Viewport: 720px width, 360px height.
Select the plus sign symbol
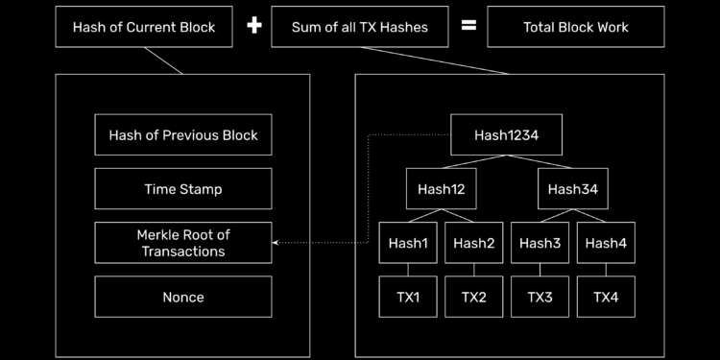tap(253, 26)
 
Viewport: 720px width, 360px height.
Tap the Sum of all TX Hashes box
tap(360, 27)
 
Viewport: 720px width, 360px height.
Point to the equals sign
tap(468, 26)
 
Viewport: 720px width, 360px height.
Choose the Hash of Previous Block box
tap(182, 135)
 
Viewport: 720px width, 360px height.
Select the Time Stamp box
tap(182, 189)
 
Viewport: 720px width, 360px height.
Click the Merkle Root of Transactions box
tap(182, 243)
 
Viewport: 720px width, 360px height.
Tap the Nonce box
tap(182, 297)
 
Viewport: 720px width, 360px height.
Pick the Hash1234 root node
tap(506, 135)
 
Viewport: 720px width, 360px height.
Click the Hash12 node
tap(441, 189)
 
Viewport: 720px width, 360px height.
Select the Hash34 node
tap(572, 189)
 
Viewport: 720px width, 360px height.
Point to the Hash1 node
tap(408, 243)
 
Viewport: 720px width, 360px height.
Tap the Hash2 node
tap(473, 243)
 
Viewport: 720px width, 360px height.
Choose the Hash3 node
tap(540, 243)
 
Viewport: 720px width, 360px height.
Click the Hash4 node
tap(605, 243)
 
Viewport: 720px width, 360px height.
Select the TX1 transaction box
tap(408, 297)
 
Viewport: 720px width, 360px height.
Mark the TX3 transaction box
tap(540, 297)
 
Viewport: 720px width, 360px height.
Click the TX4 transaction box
tap(605, 297)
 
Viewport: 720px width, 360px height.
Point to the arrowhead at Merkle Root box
tap(276, 243)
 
